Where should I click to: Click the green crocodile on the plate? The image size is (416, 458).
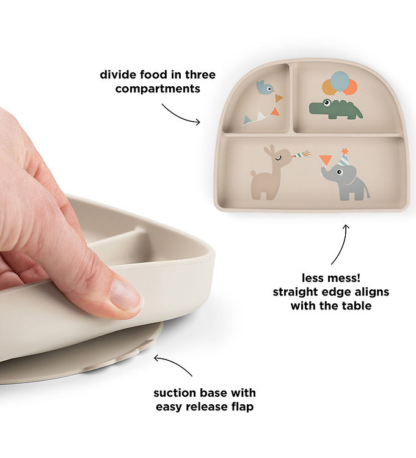point(335,110)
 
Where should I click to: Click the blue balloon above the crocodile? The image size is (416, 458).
point(340,80)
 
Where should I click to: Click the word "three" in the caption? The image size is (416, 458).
point(200,75)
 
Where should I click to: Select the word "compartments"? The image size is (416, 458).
point(158,89)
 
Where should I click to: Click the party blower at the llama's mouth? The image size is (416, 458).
point(301,153)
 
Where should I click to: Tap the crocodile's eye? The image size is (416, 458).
point(327,102)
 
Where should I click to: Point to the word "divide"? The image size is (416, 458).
point(118,75)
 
